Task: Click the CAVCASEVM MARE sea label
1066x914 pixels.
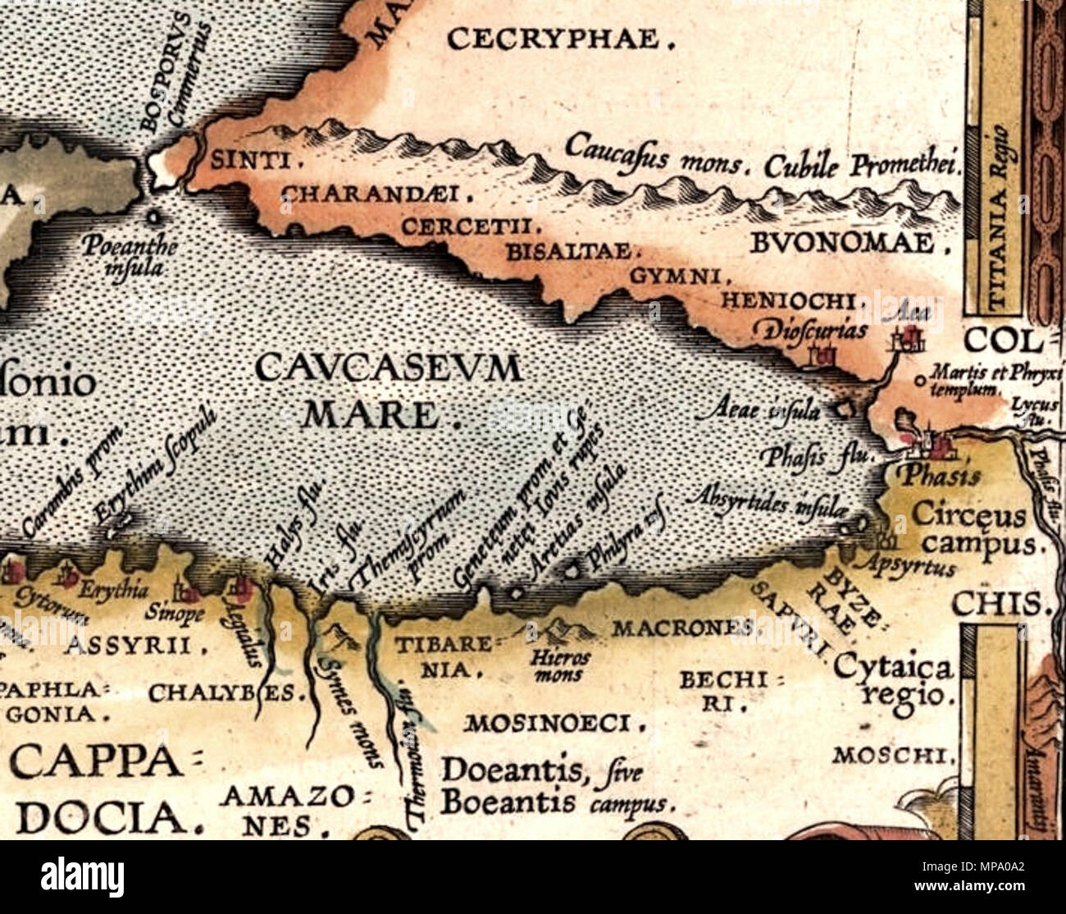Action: (387, 391)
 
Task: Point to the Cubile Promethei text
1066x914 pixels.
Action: (861, 166)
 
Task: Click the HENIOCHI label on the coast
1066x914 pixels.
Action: (792, 302)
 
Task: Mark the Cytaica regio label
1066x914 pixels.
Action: (894, 681)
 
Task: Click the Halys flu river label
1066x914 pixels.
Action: (298, 525)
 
